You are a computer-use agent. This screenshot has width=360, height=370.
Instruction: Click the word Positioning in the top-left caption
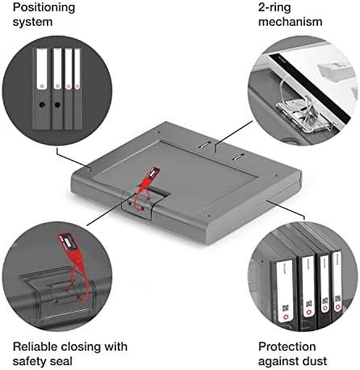tap(44, 8)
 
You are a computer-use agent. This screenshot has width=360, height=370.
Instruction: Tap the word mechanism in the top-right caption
tap(291, 22)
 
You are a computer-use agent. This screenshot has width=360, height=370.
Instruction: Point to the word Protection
tap(287, 347)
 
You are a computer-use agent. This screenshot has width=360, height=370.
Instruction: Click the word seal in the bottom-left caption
tap(61, 361)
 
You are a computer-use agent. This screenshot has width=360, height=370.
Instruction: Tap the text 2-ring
tap(274, 8)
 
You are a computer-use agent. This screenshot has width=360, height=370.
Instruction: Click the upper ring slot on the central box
tap(204, 145)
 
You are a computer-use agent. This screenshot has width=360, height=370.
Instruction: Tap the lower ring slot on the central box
tap(238, 158)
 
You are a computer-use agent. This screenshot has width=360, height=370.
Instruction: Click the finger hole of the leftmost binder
tap(41, 104)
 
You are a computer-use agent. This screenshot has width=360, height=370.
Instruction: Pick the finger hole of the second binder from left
tap(57, 104)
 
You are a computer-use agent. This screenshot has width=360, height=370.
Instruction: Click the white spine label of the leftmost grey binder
tap(42, 69)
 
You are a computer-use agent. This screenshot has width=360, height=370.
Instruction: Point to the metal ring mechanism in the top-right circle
tap(304, 111)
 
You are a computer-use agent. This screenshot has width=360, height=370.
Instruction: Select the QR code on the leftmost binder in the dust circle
tap(285, 308)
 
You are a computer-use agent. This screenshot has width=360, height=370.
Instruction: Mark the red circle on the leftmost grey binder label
tap(41, 86)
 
